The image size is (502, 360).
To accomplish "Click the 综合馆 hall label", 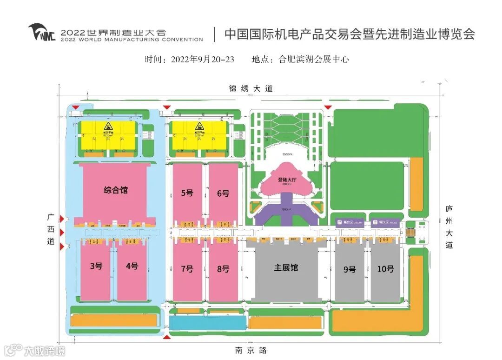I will point(116,190).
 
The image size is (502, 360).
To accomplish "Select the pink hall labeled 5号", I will point(187,193).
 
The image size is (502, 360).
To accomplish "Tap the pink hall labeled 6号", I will point(223,193).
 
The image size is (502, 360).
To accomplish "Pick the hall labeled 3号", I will point(96,266).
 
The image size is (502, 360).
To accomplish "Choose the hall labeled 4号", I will point(132,266).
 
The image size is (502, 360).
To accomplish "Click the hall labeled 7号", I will point(187,269).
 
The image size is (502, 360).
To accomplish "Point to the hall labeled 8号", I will point(223,269).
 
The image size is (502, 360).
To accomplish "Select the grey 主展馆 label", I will point(286,267).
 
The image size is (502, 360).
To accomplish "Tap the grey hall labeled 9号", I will point(350,269).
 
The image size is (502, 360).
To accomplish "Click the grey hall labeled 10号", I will point(385,269).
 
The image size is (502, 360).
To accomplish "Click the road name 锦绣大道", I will point(251,88).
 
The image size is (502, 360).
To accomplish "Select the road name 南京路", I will point(251,350).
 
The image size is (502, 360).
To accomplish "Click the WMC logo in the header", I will point(42,33).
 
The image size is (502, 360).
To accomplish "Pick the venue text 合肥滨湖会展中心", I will point(314,60).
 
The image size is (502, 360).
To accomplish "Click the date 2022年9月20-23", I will point(203,60).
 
